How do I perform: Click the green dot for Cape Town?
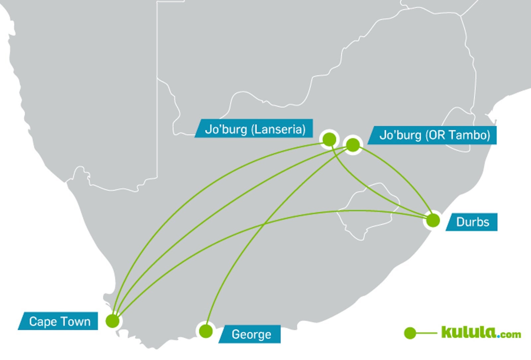click(113, 321)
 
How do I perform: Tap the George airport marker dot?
click(206, 331)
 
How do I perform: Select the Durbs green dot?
click(433, 220)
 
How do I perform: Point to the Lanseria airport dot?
click(329, 139)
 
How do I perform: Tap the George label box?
click(251, 334)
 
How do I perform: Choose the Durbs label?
click(472, 222)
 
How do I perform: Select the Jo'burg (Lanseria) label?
click(255, 129)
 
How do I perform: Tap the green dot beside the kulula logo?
click(410, 333)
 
